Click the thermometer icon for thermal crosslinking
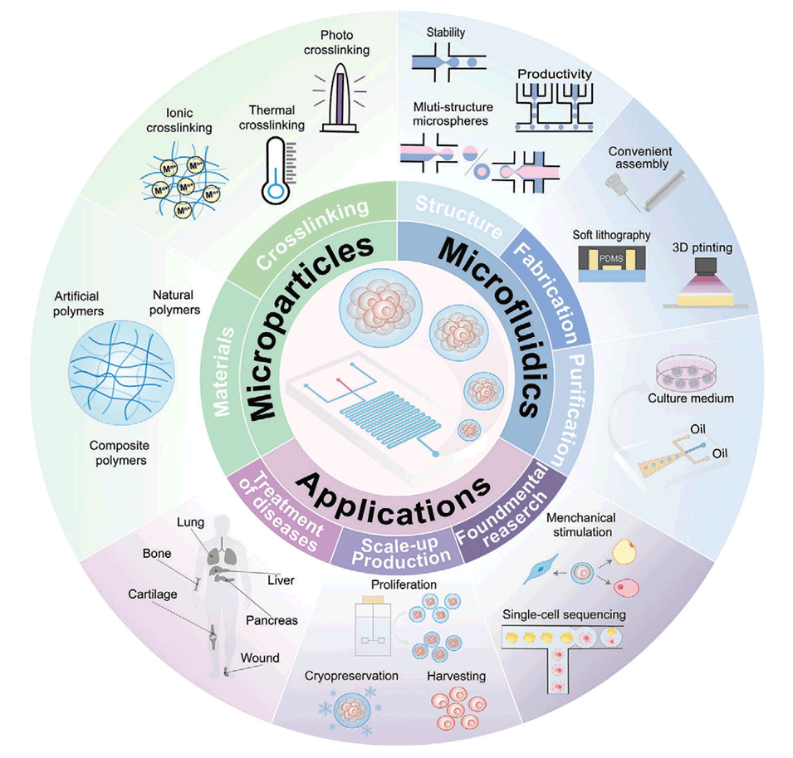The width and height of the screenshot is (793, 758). coord(274,171)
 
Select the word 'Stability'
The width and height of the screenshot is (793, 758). coord(445,33)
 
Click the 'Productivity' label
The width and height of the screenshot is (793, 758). coord(555,74)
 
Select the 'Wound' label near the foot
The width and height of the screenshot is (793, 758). coord(260,658)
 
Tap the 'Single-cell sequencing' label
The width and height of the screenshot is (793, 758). coord(564,615)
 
